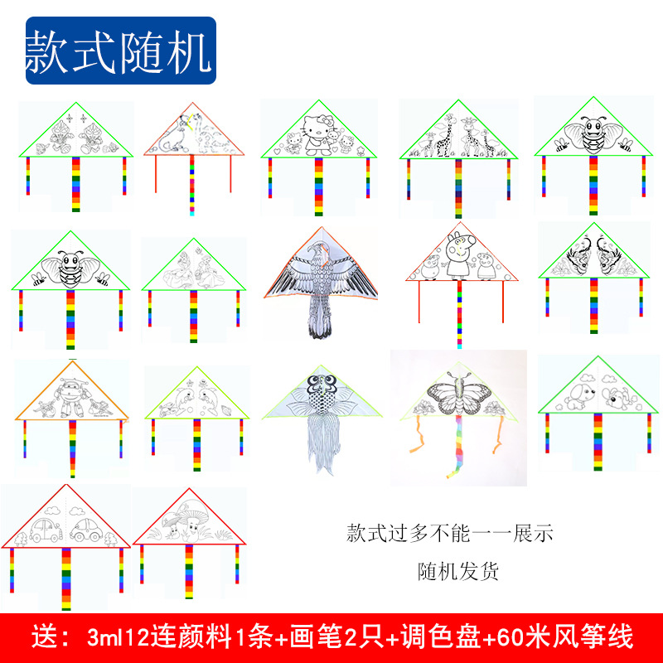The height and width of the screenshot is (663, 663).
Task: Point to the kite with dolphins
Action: click(x=196, y=398)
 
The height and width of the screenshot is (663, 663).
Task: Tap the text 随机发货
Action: click(x=458, y=571)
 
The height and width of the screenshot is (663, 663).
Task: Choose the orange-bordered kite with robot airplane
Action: click(x=70, y=398)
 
